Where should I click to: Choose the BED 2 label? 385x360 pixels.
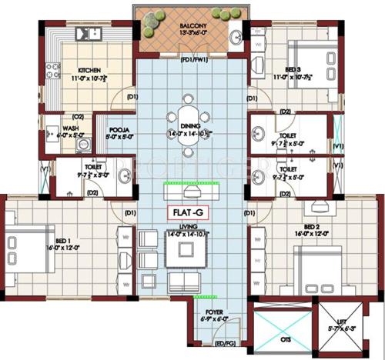311,228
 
